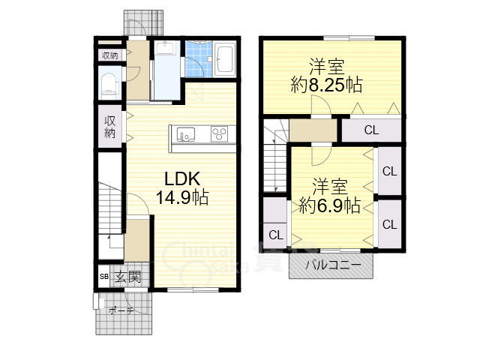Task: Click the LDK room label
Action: (181, 179)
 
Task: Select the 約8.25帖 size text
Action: (328, 84)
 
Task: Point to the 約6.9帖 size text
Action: (329, 204)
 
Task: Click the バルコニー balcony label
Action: (334, 265)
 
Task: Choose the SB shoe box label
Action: (103, 277)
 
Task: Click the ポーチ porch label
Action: (121, 310)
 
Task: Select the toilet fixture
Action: (110, 84)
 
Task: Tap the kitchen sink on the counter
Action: (186, 135)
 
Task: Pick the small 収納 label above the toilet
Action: (110, 55)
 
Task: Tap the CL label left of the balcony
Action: (275, 234)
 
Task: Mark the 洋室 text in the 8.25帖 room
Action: (327, 64)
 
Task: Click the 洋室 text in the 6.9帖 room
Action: (330, 185)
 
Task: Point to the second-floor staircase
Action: (274, 161)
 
